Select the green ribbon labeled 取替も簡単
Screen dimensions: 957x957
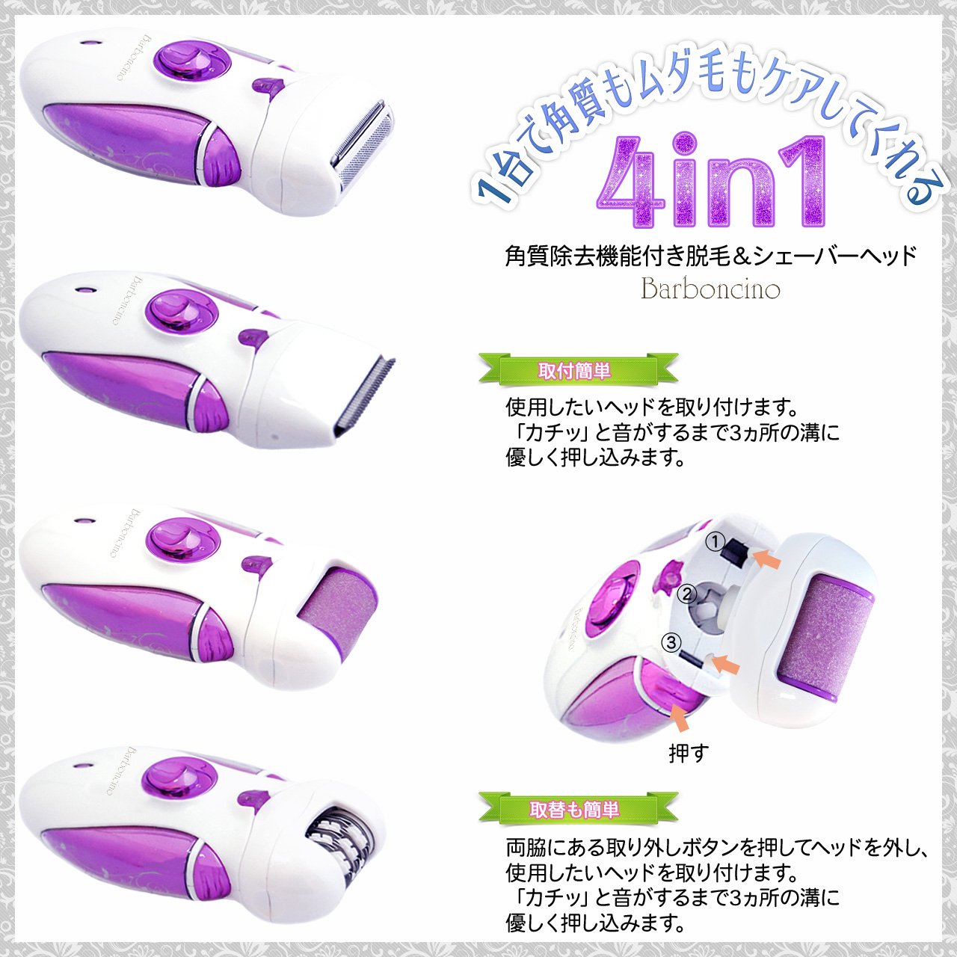(578, 809)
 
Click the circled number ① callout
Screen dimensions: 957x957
(716, 542)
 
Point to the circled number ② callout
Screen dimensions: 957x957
(687, 594)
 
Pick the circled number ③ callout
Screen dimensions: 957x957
(671, 643)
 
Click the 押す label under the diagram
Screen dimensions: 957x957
(689, 753)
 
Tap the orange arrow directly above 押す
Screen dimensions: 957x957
(680, 716)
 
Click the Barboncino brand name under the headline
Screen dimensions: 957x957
(710, 288)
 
